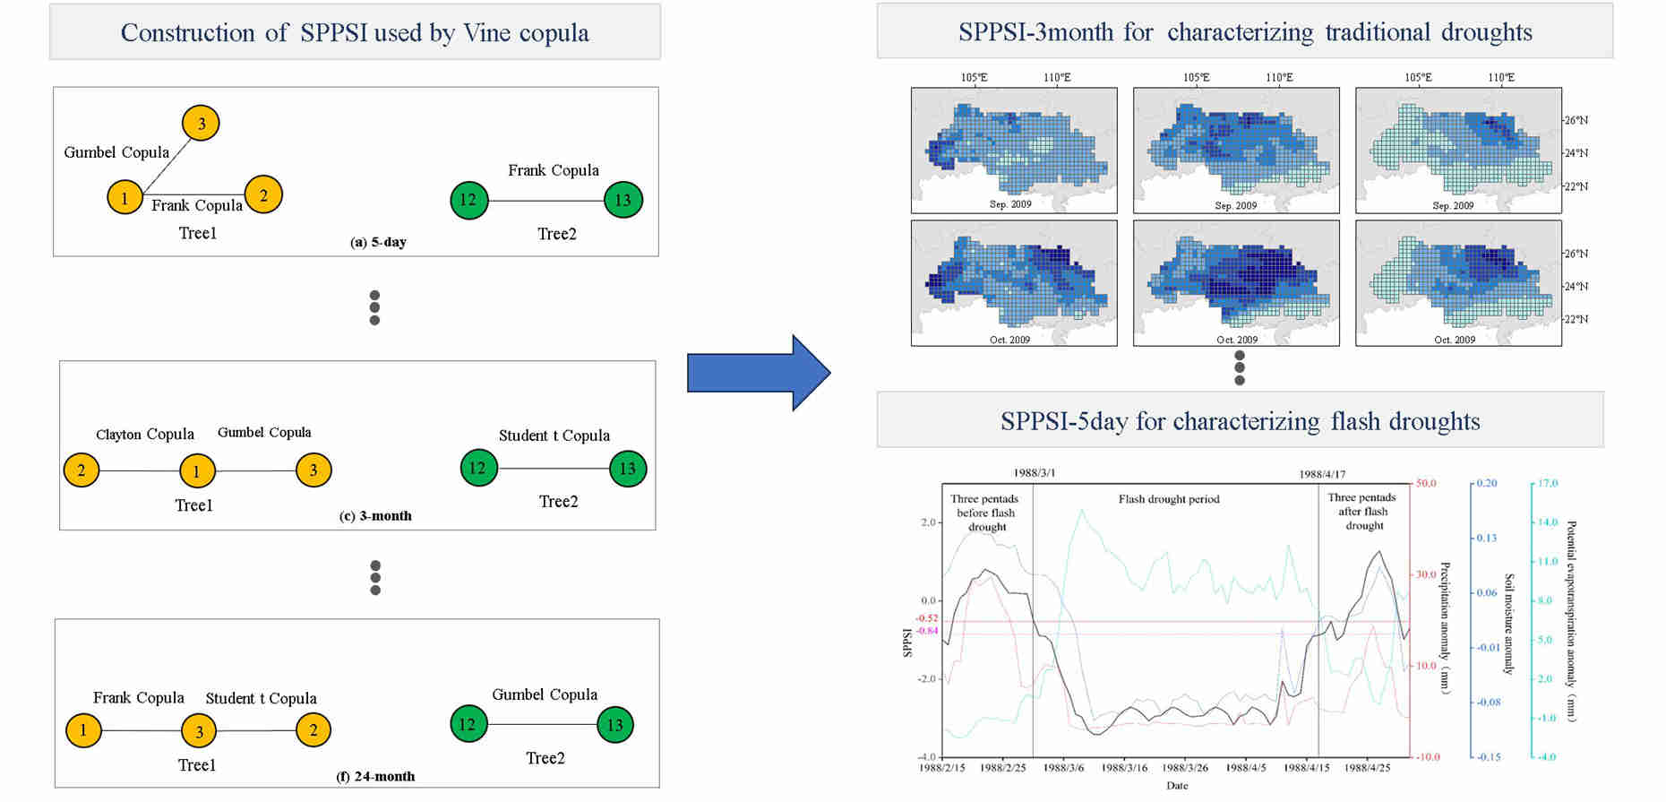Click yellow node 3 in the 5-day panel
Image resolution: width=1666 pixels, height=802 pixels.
tap(201, 124)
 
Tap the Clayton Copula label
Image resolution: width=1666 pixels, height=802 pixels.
tap(145, 435)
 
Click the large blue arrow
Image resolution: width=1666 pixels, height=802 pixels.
tap(758, 373)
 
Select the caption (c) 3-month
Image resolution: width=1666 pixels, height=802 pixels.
tap(376, 516)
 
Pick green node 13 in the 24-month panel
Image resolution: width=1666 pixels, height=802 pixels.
tap(614, 725)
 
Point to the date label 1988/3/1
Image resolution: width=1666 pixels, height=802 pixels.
tap(1034, 473)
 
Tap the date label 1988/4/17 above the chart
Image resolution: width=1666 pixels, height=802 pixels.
tap(1322, 474)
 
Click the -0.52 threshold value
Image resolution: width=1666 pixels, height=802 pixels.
tap(926, 618)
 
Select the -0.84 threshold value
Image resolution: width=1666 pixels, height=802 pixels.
tap(926, 631)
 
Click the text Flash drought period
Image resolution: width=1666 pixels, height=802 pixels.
tap(1169, 499)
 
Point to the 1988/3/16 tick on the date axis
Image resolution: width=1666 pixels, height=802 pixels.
tap(1124, 768)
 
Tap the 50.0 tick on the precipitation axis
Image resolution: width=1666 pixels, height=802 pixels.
tap(1425, 484)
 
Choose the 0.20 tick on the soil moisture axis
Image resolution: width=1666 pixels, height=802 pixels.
tap(1487, 484)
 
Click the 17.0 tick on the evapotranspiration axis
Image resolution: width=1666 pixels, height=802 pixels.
tap(1548, 484)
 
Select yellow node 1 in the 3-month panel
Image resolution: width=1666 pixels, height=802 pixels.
tap(196, 470)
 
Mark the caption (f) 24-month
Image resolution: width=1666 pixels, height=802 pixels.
tap(375, 777)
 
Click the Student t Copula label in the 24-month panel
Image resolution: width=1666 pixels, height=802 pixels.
tap(261, 699)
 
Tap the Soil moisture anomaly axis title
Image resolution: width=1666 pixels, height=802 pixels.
tap(1508, 624)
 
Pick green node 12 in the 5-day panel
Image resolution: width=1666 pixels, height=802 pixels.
tap(468, 200)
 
